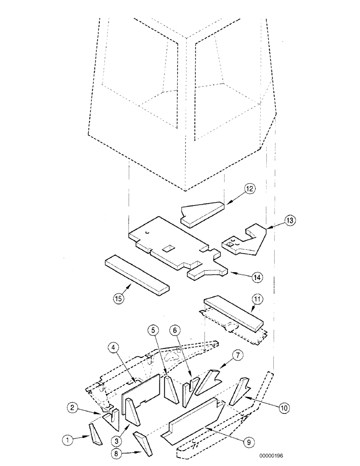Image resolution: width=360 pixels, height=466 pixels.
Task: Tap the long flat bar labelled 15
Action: coord(136,274)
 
